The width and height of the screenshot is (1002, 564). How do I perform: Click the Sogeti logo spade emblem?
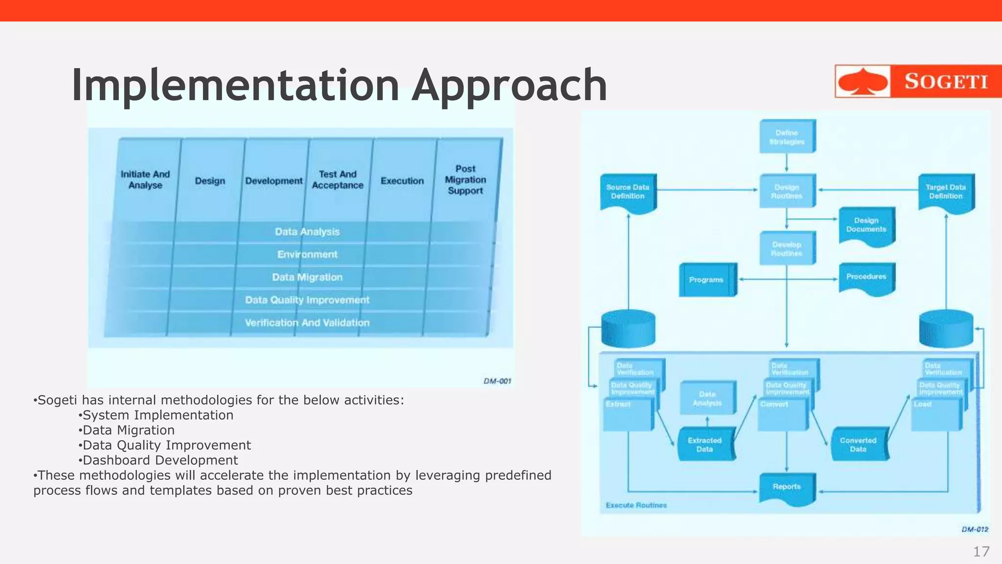point(862,81)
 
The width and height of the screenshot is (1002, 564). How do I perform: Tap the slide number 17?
point(981,552)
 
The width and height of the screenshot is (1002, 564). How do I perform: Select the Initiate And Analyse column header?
point(145,180)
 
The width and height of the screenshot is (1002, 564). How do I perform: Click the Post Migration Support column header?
point(465,180)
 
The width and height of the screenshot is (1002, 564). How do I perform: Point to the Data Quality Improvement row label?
point(307,300)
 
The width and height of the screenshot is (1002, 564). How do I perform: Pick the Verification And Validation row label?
point(307,323)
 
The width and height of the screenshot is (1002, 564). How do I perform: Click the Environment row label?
point(307,255)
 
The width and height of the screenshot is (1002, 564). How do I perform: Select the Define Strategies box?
point(787,137)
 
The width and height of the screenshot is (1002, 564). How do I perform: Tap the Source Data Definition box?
point(628,192)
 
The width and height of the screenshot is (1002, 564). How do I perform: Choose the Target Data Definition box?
point(946,192)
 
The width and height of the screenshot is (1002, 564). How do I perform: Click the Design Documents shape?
point(866,225)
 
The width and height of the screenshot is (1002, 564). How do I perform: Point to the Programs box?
point(706,280)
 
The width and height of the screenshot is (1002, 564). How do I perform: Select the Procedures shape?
point(866,277)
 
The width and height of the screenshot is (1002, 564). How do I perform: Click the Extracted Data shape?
point(705,445)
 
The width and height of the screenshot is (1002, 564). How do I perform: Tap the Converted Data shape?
point(858,445)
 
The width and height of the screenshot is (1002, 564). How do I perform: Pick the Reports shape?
point(787,487)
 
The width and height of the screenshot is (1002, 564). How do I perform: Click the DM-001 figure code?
point(497,381)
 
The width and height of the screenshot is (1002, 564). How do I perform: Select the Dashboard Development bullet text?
point(160,460)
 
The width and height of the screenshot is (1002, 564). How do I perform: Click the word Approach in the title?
point(509,85)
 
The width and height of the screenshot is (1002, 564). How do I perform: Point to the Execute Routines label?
point(636,505)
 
